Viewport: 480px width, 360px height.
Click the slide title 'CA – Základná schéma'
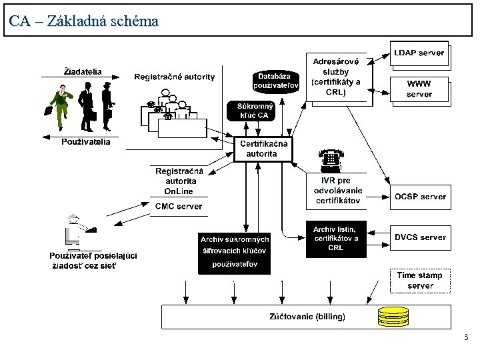[84, 21]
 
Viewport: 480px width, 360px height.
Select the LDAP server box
[419, 53]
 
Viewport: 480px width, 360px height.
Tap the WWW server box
[419, 89]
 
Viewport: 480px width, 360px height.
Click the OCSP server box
[419, 197]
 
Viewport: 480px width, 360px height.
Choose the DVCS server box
[419, 237]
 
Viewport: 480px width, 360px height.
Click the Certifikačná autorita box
[263, 149]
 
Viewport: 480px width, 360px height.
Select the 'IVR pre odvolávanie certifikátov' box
[337, 190]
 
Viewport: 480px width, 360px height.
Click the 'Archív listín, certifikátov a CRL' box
[336, 239]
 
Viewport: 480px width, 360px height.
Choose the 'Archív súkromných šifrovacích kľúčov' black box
[235, 252]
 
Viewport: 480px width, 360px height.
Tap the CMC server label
[179, 207]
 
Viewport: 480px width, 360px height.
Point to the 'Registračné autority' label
[175, 77]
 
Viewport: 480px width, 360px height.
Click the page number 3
[466, 338]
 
